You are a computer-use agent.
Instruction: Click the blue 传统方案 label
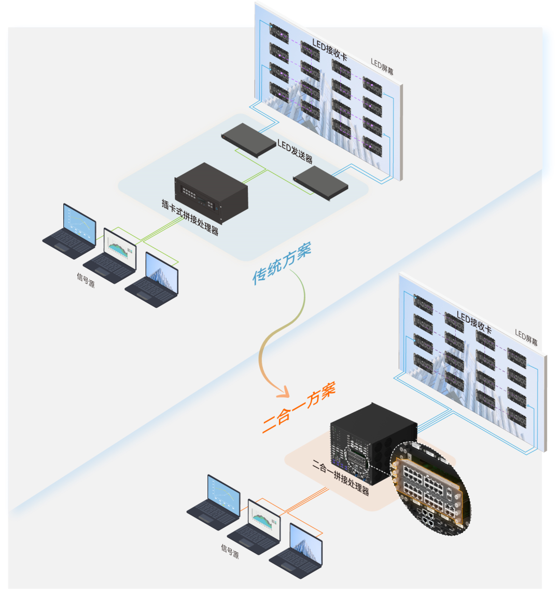click(x=282, y=263)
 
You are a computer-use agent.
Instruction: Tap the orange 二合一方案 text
click(x=299, y=408)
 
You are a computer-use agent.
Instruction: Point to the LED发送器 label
click(x=295, y=151)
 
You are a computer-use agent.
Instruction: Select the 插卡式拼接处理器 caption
click(x=190, y=217)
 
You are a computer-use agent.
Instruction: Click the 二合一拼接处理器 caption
click(x=341, y=477)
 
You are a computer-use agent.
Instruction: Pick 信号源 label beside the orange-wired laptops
click(x=230, y=551)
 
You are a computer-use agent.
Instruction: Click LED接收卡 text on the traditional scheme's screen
click(x=329, y=50)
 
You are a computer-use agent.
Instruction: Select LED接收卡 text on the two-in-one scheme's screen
click(x=474, y=322)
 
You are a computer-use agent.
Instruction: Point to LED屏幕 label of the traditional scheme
click(x=382, y=67)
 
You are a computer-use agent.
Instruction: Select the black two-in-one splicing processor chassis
click(x=373, y=443)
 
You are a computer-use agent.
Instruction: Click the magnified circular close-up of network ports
click(x=430, y=489)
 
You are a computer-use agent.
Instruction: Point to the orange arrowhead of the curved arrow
click(x=283, y=392)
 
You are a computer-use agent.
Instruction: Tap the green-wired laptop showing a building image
click(x=152, y=280)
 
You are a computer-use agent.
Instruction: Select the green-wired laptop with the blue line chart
click(x=69, y=232)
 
